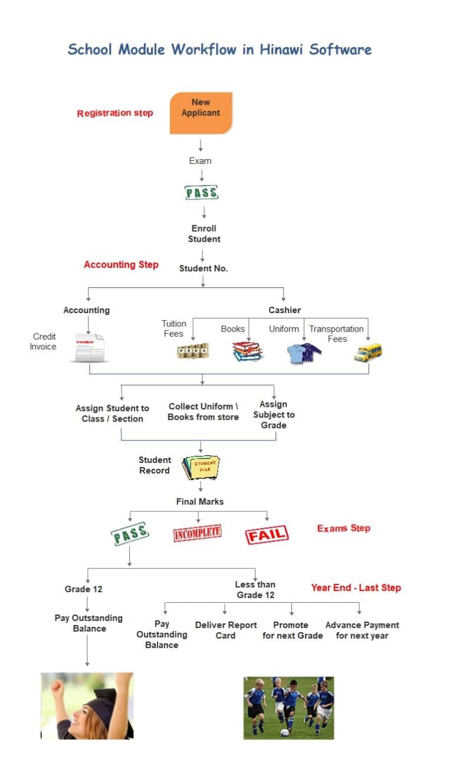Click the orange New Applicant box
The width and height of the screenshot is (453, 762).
pyautogui.click(x=201, y=113)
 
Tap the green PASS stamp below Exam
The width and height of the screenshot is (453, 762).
pyautogui.click(x=201, y=192)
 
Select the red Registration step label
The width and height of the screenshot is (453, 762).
pyautogui.click(x=115, y=113)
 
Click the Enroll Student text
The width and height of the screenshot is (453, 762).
pyautogui.click(x=204, y=234)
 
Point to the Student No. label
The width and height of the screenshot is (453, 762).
pyautogui.click(x=203, y=268)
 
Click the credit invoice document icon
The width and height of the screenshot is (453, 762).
pyautogui.click(x=90, y=348)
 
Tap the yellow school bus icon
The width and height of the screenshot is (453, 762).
pyautogui.click(x=367, y=352)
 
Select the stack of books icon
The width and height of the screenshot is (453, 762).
pyautogui.click(x=248, y=351)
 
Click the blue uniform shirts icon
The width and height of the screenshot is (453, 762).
pyautogui.click(x=304, y=353)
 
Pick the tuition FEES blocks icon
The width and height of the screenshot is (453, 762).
pyautogui.click(x=193, y=351)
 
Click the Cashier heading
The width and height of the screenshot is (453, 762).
pyautogui.click(x=285, y=310)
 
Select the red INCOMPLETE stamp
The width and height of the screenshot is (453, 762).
pyautogui.click(x=197, y=533)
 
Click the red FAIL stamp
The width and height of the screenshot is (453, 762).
pyautogui.click(x=267, y=535)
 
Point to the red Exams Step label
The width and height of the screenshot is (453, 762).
pyautogui.click(x=344, y=528)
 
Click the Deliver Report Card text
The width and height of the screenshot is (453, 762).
pyautogui.click(x=226, y=630)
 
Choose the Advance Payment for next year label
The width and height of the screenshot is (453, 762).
pyautogui.click(x=362, y=630)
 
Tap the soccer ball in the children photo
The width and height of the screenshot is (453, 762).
pyautogui.click(x=284, y=733)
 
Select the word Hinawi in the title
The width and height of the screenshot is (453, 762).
pyautogui.click(x=281, y=50)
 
